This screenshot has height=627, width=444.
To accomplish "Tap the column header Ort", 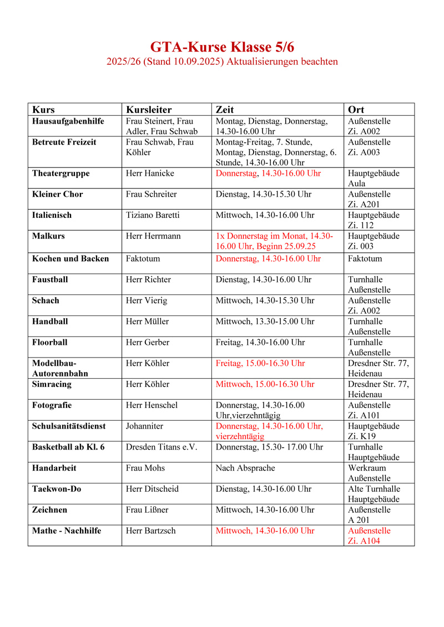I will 356,109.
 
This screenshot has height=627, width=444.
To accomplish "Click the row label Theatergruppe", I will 61,174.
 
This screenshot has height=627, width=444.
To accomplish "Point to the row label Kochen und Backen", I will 70,259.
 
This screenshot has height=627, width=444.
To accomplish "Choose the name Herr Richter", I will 148,280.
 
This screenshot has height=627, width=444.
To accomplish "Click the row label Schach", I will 46,300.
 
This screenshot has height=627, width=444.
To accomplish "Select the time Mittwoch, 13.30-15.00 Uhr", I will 265,322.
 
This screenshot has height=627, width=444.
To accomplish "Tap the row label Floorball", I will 50,343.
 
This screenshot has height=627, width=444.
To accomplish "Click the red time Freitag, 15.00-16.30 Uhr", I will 260,364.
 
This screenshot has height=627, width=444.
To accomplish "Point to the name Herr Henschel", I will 152,405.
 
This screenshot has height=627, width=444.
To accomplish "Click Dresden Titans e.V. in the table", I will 162,447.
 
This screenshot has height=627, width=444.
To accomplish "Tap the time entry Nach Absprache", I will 245,468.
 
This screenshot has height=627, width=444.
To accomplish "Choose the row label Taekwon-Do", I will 57,489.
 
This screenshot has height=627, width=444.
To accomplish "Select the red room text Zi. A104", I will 364,541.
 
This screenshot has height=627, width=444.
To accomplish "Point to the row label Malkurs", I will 48,236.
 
